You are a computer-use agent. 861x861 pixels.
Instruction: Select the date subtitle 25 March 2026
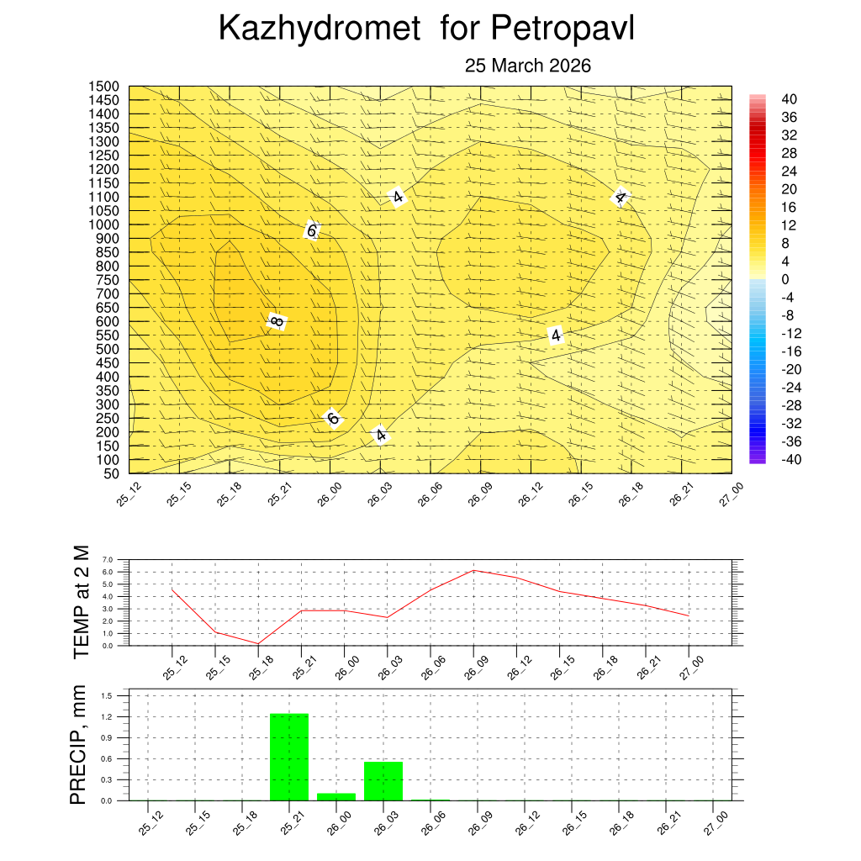[528, 66]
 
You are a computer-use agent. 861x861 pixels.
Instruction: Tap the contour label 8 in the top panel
[277, 321]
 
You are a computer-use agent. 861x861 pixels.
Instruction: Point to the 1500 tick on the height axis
[104, 87]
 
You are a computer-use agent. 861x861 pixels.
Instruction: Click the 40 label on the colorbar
[789, 98]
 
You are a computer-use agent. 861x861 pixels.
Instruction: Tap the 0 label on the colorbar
[785, 279]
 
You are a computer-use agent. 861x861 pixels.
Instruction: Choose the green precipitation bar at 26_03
[383, 781]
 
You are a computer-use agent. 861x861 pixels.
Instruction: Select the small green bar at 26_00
[336, 796]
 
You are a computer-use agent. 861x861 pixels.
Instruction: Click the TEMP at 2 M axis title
[82, 602]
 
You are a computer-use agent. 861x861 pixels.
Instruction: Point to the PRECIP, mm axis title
[79, 746]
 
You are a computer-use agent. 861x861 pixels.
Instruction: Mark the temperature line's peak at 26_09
[473, 570]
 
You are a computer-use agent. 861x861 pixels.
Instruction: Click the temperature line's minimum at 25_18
[258, 643]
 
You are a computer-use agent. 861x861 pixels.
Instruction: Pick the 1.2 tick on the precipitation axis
[108, 717]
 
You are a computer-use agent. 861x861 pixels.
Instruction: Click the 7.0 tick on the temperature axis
[108, 559]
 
